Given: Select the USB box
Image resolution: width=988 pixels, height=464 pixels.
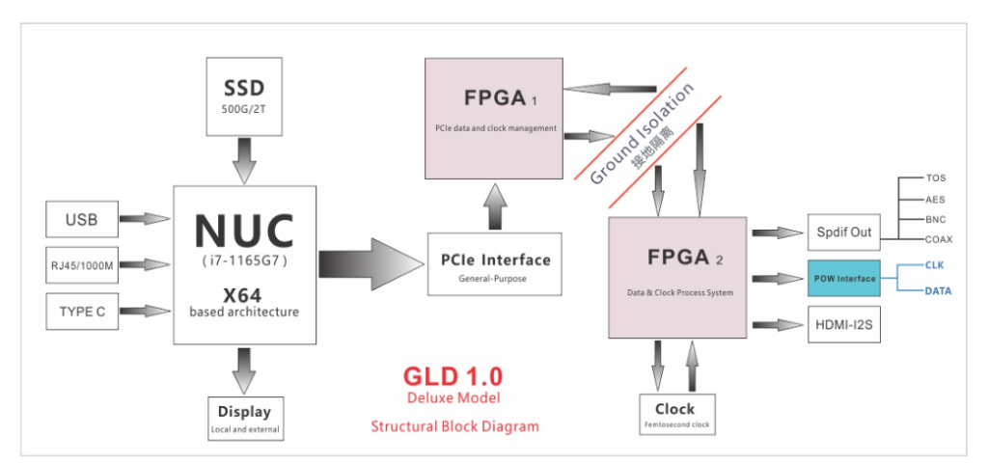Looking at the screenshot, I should pyautogui.click(x=81, y=218).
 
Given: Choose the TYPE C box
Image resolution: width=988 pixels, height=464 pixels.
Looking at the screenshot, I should pyautogui.click(x=81, y=311).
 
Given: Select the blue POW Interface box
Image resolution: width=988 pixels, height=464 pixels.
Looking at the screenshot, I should pyautogui.click(x=844, y=279).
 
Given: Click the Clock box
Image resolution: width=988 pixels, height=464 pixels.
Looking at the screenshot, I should pyautogui.click(x=674, y=413).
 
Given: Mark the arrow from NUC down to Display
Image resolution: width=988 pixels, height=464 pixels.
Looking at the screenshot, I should pyautogui.click(x=245, y=368).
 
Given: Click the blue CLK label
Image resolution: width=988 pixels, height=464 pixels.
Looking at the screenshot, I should pyautogui.click(x=934, y=264).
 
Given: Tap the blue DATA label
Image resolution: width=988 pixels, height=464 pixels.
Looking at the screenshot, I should pyautogui.click(x=938, y=290).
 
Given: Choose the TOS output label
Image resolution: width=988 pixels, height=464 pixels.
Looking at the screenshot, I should pyautogui.click(x=936, y=178).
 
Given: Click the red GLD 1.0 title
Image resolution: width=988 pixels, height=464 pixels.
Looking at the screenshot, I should pyautogui.click(x=453, y=375).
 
